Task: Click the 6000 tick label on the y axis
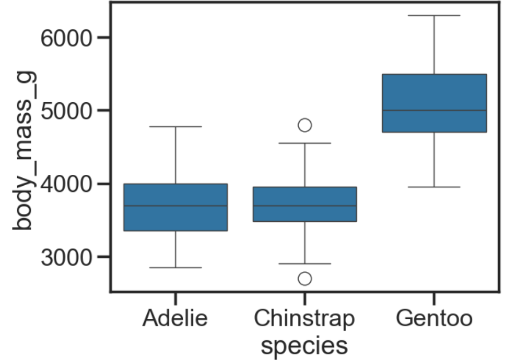click(x=66, y=38)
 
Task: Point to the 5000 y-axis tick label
click(x=66, y=111)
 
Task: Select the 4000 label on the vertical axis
click(x=66, y=184)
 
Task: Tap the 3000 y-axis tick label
click(x=66, y=257)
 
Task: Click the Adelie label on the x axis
click(x=175, y=318)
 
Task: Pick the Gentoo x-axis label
click(x=434, y=318)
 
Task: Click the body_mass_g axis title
click(x=22, y=150)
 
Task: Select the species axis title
click(x=304, y=346)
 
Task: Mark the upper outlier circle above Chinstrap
click(x=304, y=125)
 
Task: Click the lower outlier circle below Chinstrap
click(x=304, y=278)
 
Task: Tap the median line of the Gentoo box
click(x=434, y=111)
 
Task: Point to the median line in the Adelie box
click(x=175, y=206)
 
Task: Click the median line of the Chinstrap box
click(x=304, y=206)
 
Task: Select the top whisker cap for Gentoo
click(x=434, y=15)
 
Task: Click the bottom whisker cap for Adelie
click(x=175, y=267)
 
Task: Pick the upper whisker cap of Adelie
click(x=175, y=127)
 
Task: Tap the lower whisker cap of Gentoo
click(x=434, y=187)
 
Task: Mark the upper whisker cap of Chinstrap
click(x=304, y=143)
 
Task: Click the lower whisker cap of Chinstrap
click(x=304, y=264)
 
